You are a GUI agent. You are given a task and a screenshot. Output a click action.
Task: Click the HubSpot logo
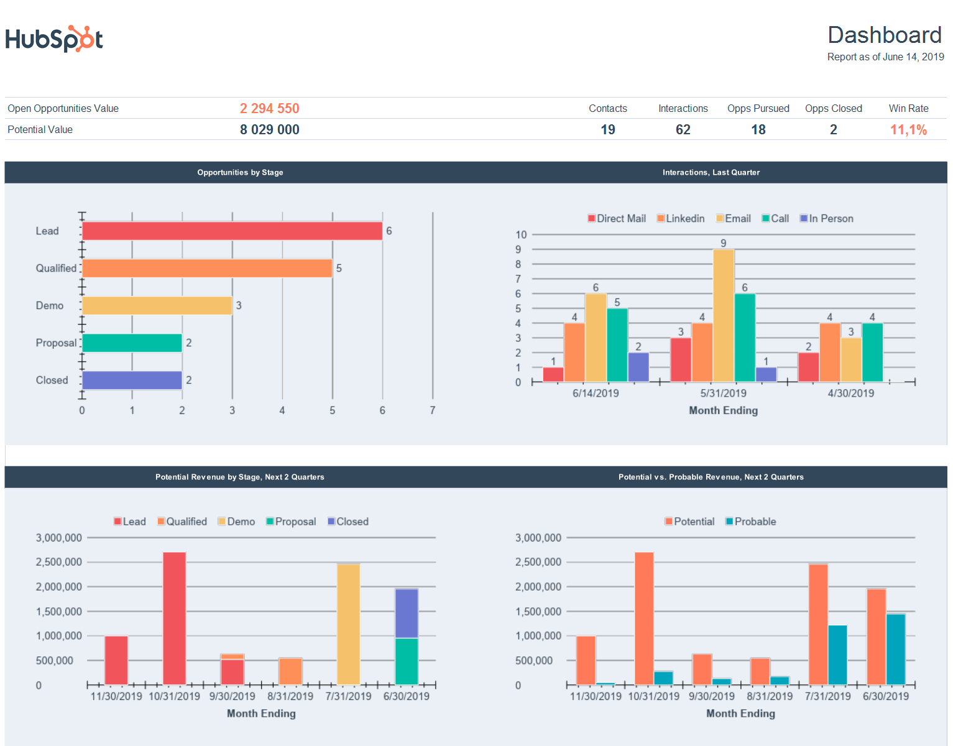coord(54,39)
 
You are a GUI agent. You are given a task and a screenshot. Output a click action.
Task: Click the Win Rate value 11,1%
coord(908,130)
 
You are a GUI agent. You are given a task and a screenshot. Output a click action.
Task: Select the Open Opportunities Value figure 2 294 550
coord(269,109)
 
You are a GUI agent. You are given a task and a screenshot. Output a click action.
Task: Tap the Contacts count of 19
coord(607,130)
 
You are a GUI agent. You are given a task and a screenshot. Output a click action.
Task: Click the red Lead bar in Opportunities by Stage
coord(232,231)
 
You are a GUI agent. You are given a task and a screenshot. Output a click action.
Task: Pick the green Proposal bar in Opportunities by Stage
coord(132,343)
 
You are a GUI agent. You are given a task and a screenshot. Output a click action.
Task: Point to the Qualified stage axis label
coord(56,269)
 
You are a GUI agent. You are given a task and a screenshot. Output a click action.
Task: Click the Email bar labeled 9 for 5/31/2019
coord(723,315)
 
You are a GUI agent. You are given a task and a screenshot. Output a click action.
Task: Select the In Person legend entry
coord(826,219)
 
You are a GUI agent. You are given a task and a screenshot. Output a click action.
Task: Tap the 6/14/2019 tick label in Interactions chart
coord(595,394)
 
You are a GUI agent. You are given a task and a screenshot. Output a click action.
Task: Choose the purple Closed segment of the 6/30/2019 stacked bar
coord(406,613)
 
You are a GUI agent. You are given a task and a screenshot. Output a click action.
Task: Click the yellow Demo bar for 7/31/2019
coord(348,624)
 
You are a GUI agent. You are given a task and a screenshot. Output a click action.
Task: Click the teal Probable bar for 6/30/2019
coord(895,649)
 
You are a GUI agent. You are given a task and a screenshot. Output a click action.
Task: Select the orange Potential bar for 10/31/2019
coord(643,618)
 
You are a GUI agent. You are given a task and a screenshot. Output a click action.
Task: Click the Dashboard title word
coord(884,35)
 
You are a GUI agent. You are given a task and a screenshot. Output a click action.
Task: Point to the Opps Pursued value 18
coord(758,130)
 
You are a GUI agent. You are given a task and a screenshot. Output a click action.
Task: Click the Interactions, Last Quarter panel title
coord(711,173)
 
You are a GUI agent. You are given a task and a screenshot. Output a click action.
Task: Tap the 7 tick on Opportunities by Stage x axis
coord(432,410)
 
